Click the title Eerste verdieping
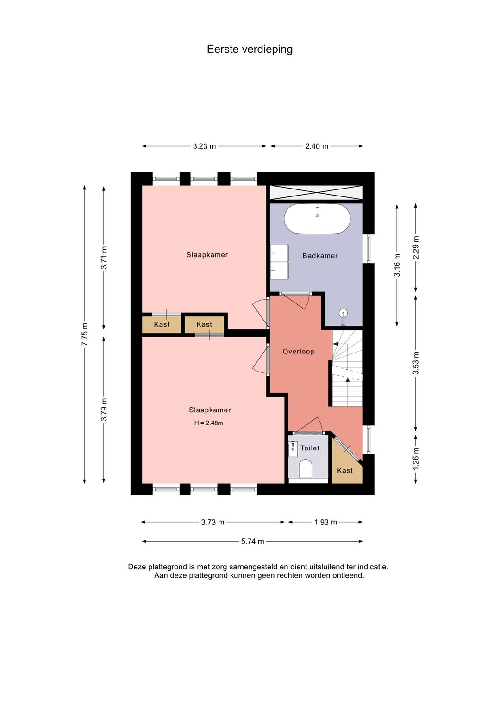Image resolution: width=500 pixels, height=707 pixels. click(x=250, y=50)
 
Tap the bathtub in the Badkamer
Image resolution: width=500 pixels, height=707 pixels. click(x=317, y=219)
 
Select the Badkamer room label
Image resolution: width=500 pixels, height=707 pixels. click(x=320, y=256)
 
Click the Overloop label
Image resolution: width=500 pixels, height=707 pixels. click(x=298, y=352)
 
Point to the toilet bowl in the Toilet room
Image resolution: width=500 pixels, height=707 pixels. click(x=306, y=468)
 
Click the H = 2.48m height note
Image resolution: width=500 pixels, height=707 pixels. click(x=208, y=423)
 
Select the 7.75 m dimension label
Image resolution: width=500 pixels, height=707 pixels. click(x=85, y=334)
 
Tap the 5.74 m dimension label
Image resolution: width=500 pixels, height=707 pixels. click(x=252, y=542)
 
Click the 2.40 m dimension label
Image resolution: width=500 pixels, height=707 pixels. click(x=316, y=146)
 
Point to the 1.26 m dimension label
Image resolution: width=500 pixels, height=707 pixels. click(x=416, y=459)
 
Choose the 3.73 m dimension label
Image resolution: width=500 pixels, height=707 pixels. click(x=212, y=522)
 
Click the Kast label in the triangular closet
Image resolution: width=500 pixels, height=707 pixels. click(x=344, y=471)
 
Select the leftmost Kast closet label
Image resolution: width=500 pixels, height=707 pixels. click(x=162, y=324)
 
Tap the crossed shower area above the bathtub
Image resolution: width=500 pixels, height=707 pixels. click(x=316, y=193)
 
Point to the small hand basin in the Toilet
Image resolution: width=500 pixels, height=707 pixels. click(x=293, y=448)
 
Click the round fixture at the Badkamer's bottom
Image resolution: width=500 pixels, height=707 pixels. click(x=343, y=314)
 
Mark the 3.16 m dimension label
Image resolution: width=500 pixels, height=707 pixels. click(x=397, y=265)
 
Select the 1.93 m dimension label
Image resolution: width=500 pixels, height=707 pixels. click(x=325, y=522)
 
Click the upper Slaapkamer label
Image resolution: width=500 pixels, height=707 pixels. click(x=207, y=255)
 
